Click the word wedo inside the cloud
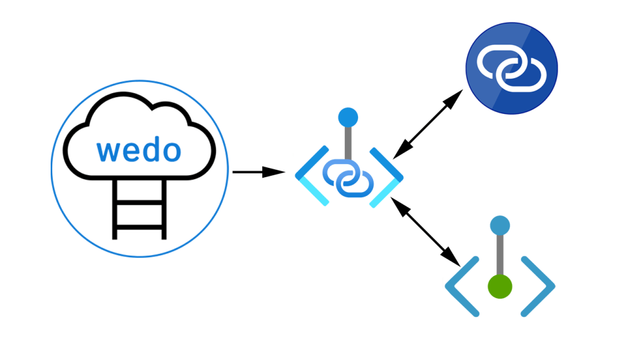tap(139, 150)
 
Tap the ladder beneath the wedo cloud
tap(139, 210)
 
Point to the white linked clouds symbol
tap(511, 68)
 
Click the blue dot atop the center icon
tap(348, 117)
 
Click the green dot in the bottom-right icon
tap(500, 286)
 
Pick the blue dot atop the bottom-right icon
tap(500, 225)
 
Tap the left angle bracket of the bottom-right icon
tap(462, 286)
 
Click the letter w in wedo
tap(107, 151)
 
